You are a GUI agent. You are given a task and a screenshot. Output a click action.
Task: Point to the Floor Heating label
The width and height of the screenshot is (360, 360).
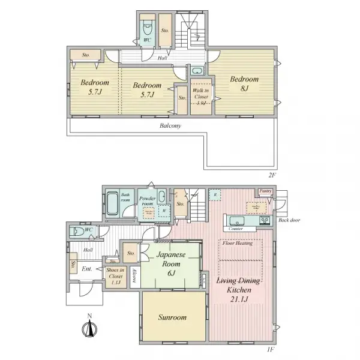[x=237, y=243]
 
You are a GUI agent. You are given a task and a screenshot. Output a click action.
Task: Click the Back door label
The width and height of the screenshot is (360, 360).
[x=289, y=220]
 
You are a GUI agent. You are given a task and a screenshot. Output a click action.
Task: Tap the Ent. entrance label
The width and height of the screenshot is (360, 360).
[x=87, y=269]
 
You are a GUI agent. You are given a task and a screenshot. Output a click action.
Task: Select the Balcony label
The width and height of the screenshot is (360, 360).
[x=170, y=126]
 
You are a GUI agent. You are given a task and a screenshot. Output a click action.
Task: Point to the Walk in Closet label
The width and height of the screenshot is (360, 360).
[x=201, y=94]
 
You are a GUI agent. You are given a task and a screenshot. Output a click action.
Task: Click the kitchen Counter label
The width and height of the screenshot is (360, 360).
[x=236, y=229]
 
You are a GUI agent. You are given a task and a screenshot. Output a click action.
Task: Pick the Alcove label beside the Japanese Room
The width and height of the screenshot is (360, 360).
[x=136, y=277]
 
